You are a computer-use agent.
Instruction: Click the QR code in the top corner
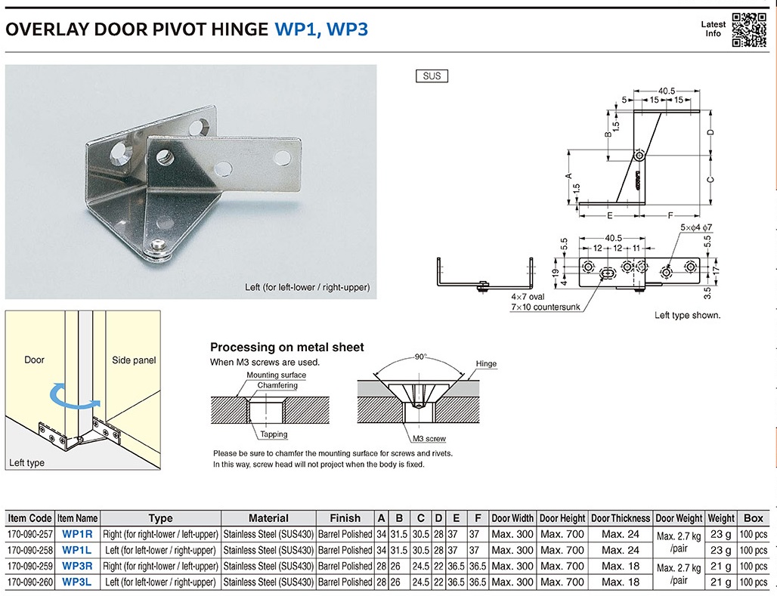tap(749, 30)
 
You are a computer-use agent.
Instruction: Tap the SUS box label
tap(432, 76)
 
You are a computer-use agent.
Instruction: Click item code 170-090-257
tap(30, 534)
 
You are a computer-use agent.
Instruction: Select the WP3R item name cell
tap(77, 566)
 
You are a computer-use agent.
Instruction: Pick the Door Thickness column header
tap(620, 518)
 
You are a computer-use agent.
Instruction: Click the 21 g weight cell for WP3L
tap(720, 582)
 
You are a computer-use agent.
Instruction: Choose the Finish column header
tap(345, 518)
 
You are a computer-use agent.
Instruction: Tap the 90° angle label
tap(421, 357)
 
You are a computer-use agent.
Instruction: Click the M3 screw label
tap(429, 439)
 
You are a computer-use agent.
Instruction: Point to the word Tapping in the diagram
tap(274, 434)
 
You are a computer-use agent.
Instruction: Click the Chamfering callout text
tap(277, 385)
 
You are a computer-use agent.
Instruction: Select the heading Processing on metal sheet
tap(286, 347)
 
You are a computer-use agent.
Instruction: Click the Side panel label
tap(134, 360)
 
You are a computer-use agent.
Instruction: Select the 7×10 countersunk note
tap(545, 307)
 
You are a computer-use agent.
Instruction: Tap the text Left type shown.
tap(687, 315)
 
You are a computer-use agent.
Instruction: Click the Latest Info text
tap(714, 29)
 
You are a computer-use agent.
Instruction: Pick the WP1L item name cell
tap(77, 550)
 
